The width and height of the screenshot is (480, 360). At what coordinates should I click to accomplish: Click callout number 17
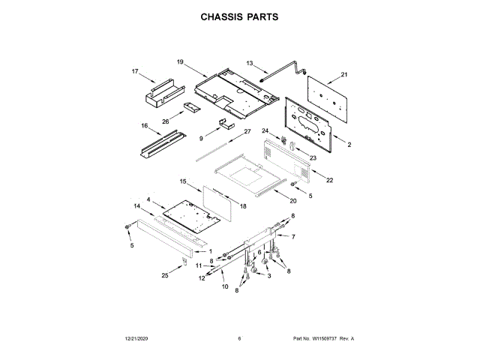[x=136, y=72]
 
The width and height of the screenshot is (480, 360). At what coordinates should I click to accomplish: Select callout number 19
[x=180, y=61]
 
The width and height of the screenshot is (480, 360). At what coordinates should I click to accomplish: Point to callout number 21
[x=344, y=74]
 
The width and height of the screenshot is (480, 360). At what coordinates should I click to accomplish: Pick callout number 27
[x=247, y=132]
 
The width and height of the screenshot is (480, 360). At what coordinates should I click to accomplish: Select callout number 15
[x=183, y=181]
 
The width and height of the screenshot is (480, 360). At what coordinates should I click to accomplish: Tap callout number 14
[x=137, y=205]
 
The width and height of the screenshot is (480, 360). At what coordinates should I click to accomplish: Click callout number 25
[x=165, y=275]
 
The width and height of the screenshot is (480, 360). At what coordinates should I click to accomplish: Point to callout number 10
[x=223, y=286]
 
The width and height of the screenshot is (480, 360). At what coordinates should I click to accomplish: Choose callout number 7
[x=293, y=236]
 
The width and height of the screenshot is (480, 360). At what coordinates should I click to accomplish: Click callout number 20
[x=293, y=201]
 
